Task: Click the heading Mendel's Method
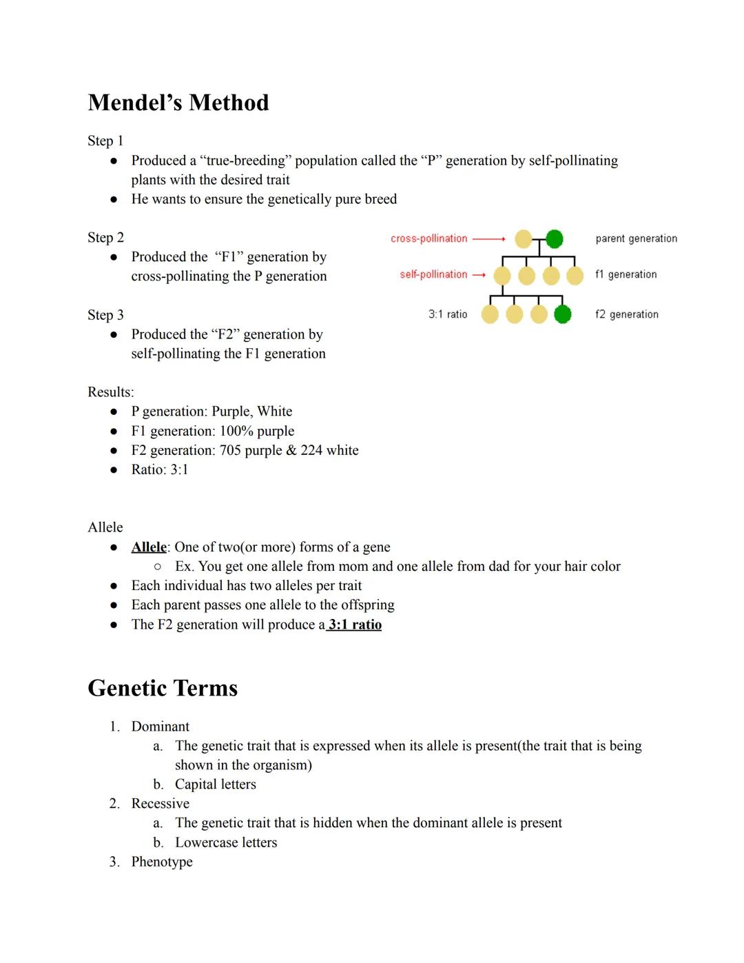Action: coord(178,103)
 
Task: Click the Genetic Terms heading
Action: coord(163,688)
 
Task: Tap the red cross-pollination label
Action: coord(428,239)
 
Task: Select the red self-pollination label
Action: coord(433,274)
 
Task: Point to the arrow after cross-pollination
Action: coord(488,239)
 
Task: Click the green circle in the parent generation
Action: coord(554,239)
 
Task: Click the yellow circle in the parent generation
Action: coord(524,239)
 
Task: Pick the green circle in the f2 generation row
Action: coord(563,314)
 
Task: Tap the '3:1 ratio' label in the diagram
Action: coord(448,314)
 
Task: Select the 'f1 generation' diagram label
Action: coord(626,274)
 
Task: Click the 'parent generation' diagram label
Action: coord(636,239)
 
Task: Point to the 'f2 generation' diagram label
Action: coord(626,314)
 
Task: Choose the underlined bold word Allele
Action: coord(149,547)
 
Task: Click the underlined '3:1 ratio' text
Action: coord(355,625)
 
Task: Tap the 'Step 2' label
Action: coord(105,238)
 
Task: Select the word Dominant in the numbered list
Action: coord(160,727)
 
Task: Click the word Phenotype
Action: coord(162,862)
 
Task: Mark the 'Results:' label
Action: coord(110,392)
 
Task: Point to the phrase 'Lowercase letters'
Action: coord(226,842)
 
